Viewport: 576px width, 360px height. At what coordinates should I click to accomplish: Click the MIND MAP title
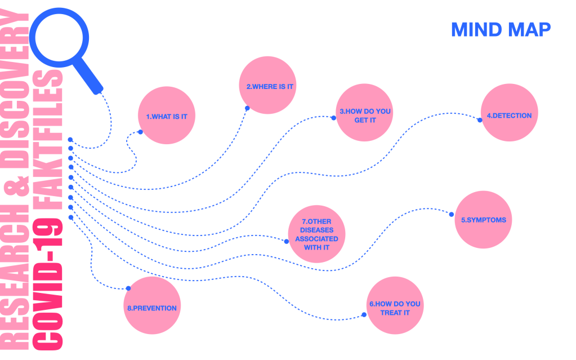tap(500, 29)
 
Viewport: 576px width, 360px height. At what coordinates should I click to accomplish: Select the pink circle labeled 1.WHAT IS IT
tap(167, 116)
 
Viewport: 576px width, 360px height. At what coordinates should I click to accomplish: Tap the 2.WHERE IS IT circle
tap(267, 86)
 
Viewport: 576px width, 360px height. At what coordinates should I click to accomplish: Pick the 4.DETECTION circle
tap(509, 115)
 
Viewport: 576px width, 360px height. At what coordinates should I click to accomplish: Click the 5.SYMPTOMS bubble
tap(483, 220)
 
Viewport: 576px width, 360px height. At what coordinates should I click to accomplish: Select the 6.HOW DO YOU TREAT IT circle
tap(395, 308)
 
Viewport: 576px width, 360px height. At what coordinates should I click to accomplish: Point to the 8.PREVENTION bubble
tap(151, 308)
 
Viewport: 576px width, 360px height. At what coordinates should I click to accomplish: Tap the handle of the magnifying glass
tap(90, 79)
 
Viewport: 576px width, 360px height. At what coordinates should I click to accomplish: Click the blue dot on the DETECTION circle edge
tap(480, 119)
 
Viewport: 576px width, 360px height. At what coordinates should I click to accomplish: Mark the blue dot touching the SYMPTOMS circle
tap(450, 213)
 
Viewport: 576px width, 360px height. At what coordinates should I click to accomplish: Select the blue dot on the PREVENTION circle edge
tap(128, 288)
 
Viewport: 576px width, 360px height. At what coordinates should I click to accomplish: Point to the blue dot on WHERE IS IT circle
tap(247, 108)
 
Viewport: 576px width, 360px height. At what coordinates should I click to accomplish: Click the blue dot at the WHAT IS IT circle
tap(140, 132)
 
